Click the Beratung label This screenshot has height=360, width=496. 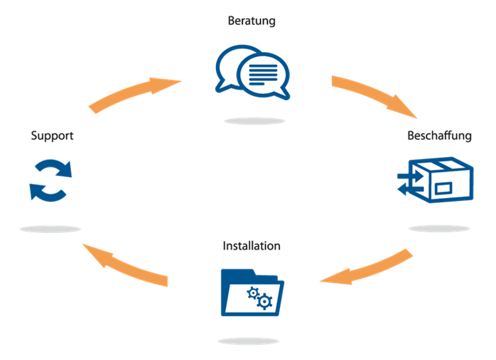tap(252, 21)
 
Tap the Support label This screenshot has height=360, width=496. tap(52, 135)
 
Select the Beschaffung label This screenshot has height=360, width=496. tap(439, 135)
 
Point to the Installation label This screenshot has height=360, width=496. tap(251, 245)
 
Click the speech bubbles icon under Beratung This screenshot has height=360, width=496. tap(252, 70)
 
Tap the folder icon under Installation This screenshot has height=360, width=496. tap(252, 293)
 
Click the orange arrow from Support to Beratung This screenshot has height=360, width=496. tap(133, 93)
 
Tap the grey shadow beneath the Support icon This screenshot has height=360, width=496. tap(50, 229)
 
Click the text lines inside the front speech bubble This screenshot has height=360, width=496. tap(262, 73)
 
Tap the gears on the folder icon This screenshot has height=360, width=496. tap(260, 297)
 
